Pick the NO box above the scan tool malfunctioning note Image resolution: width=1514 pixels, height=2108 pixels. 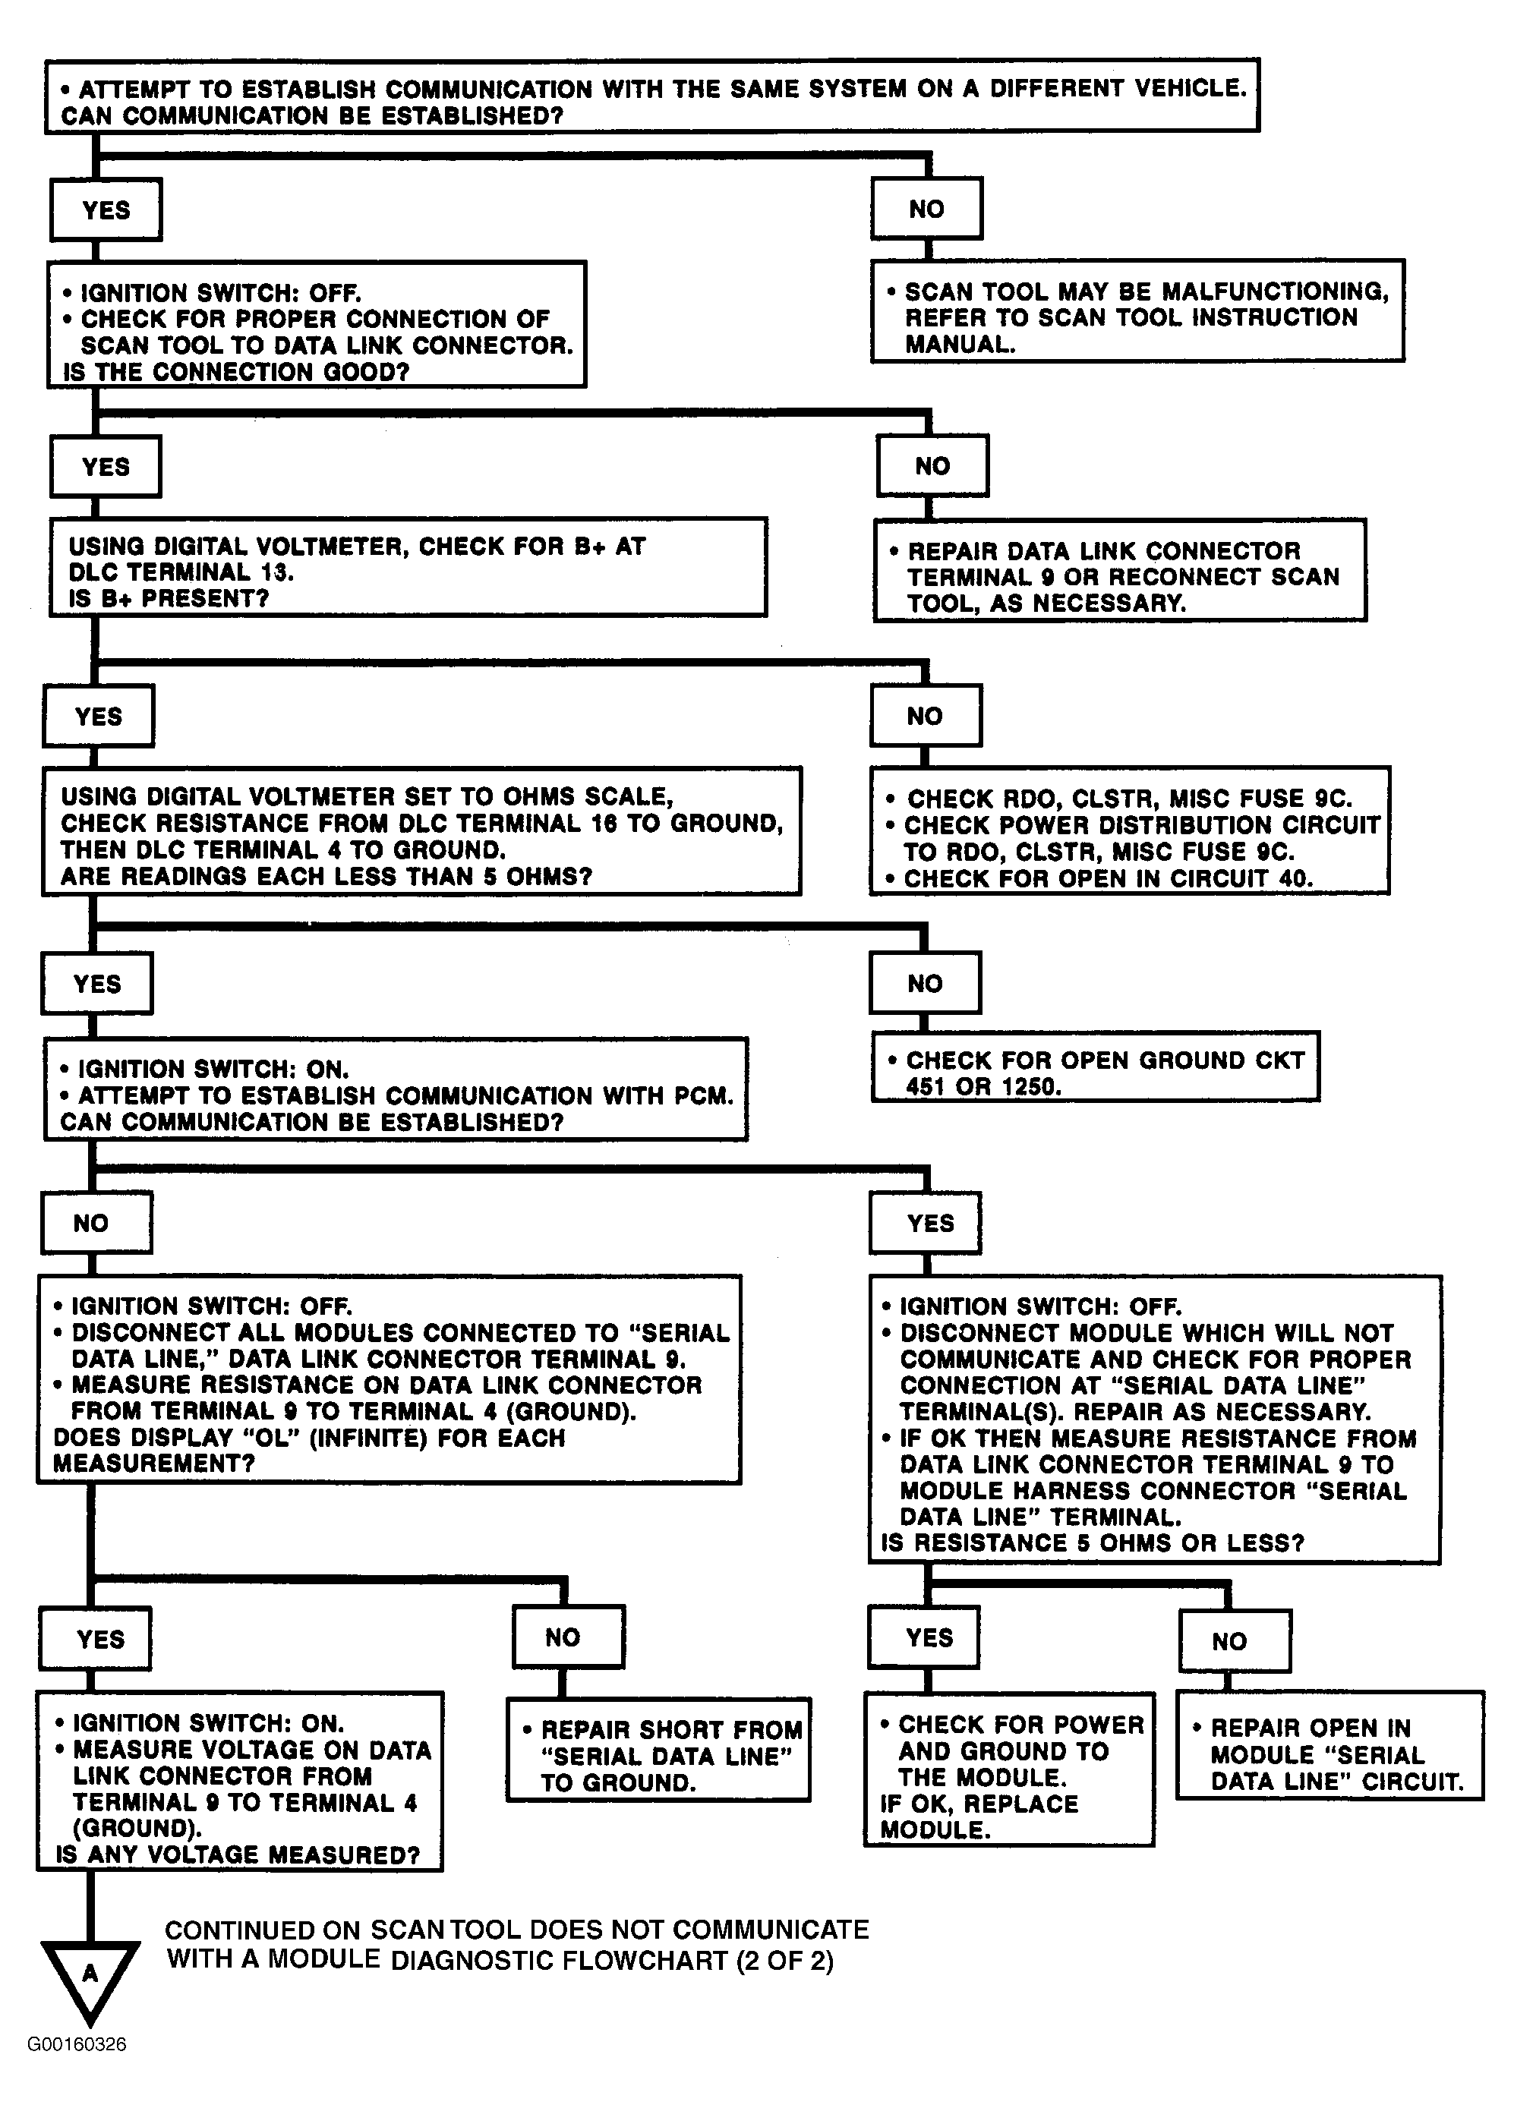pyautogui.click(x=926, y=209)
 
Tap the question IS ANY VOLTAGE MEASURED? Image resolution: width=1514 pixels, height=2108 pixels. pyautogui.click(x=238, y=1855)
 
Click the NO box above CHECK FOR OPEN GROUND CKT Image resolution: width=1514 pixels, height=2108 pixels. pyautogui.click(x=925, y=983)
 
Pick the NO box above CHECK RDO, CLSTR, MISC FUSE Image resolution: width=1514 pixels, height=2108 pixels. pyautogui.click(x=925, y=717)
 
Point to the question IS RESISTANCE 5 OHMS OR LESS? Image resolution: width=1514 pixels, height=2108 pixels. pyautogui.click(x=1092, y=1544)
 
